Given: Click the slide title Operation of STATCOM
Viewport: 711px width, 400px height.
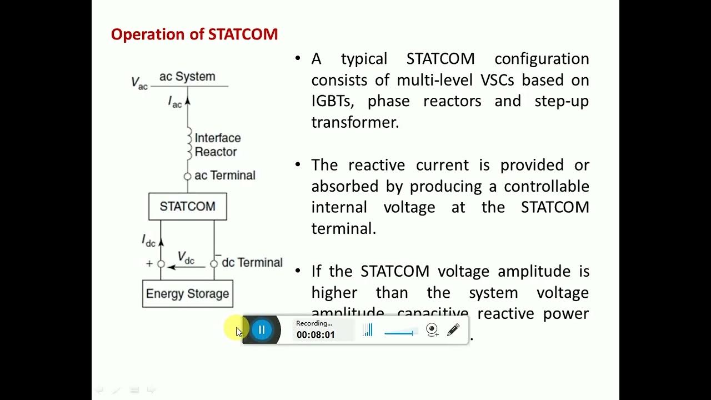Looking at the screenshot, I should coord(194,34).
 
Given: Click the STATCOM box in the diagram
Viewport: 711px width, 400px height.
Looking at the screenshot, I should coord(187,207).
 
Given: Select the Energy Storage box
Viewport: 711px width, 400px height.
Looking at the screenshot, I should coord(187,294).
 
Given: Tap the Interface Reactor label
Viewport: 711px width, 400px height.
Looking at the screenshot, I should coord(217,145).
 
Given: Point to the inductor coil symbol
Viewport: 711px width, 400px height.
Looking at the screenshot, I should coord(188,144).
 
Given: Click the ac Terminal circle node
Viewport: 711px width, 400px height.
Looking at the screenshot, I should coord(187,176).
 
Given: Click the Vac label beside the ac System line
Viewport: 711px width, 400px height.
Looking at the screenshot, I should coord(139,83).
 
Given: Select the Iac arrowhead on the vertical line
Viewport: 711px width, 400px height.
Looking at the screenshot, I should coord(187,101).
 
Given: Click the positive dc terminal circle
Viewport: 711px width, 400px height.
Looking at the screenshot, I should coord(161,264).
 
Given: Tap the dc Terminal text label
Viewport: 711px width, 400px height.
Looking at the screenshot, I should coord(252,263).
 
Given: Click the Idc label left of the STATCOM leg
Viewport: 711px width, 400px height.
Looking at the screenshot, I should coord(148,241).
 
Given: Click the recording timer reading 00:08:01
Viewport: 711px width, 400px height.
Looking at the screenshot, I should coord(316,335).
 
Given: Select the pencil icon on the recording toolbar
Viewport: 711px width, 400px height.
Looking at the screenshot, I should coord(453,330).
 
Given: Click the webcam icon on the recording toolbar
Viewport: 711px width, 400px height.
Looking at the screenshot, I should coord(432,330).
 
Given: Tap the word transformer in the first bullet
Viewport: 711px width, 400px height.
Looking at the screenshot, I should coord(355,122).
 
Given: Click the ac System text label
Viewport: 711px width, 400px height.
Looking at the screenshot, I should coord(187,77).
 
